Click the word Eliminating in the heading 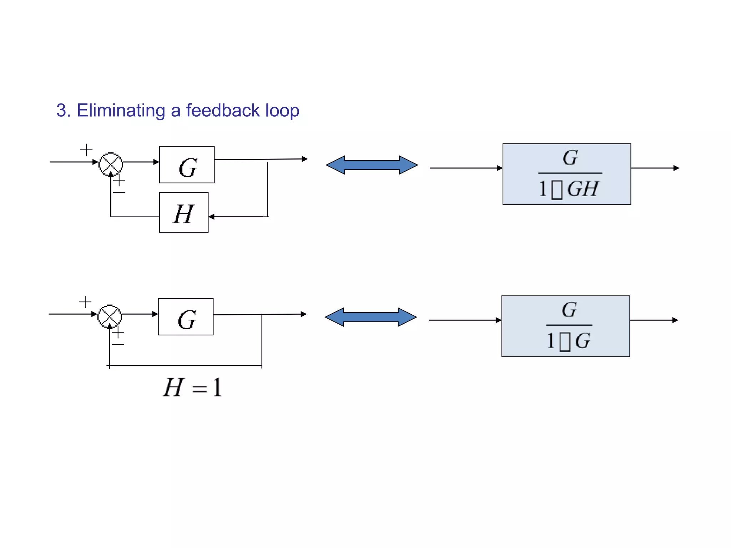pos(121,111)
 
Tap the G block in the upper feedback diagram pos(187,165)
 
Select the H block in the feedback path pos(183,213)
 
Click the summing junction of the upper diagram pos(111,164)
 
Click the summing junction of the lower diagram pos(110,316)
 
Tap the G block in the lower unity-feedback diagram pos(186,317)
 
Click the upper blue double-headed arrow pos(372,165)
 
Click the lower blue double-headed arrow pos(370,317)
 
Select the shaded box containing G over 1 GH pos(567,174)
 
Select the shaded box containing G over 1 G pos(566,326)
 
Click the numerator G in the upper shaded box pos(570,158)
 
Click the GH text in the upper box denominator pos(583,189)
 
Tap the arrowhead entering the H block pos(211,217)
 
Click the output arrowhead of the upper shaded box pos(676,168)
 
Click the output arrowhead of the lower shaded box pos(675,320)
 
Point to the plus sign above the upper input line pos(86,150)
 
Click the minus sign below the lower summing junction pos(118,344)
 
